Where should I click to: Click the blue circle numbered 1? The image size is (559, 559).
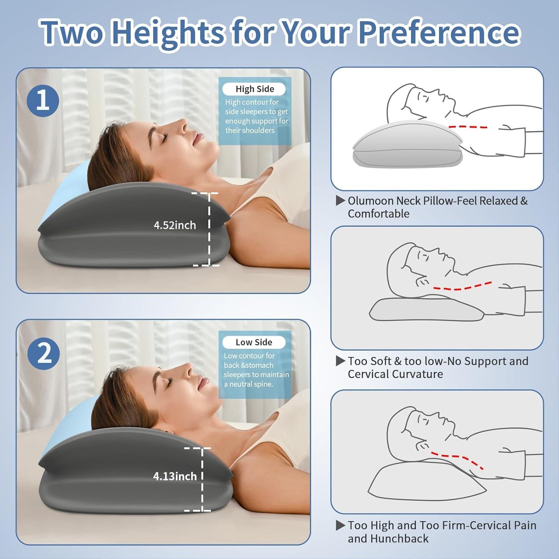pyautogui.click(x=43, y=101)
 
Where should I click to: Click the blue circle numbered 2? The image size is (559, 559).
pyautogui.click(x=44, y=353)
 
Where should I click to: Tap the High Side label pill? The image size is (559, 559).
pyautogui.click(x=254, y=89)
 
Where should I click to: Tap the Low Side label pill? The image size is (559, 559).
pyautogui.click(x=254, y=342)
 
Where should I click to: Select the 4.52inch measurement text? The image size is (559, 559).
pyautogui.click(x=175, y=225)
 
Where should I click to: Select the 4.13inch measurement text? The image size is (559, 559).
pyautogui.click(x=175, y=476)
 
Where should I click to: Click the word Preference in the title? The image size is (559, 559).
pyautogui.click(x=439, y=32)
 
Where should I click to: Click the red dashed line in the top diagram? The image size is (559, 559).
pyautogui.click(x=468, y=127)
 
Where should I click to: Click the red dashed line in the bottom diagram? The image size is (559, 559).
pyautogui.click(x=458, y=458)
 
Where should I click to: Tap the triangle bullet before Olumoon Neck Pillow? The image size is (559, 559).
pyautogui.click(x=340, y=201)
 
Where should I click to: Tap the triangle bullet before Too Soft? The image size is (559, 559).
pyautogui.click(x=340, y=361)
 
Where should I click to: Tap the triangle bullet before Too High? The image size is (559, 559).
pyautogui.click(x=340, y=525)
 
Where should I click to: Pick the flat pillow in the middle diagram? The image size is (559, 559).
pyautogui.click(x=425, y=309)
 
